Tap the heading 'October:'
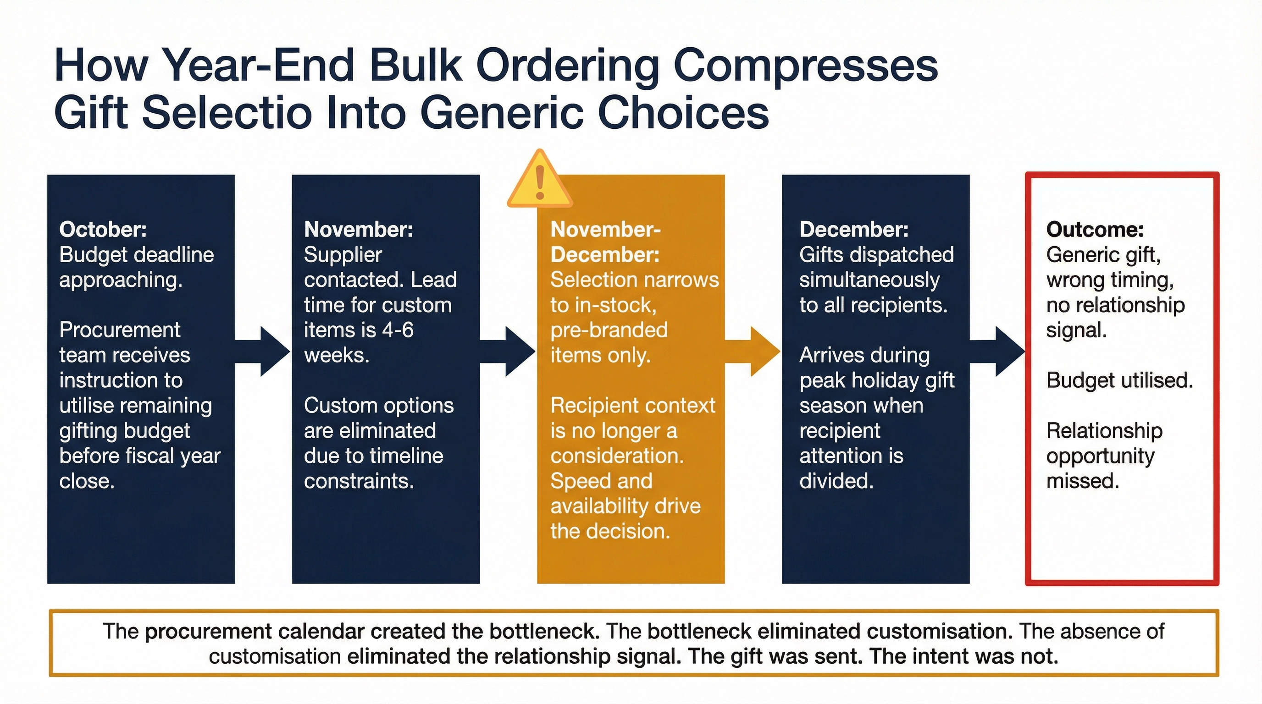pos(103,229)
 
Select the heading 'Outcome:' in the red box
pos(1095,229)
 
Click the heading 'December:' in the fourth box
pos(854,229)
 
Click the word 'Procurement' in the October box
pos(120,330)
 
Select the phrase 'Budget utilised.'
pos(1119,380)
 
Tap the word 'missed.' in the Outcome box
pos(1083,481)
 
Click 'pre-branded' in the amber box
pos(609,330)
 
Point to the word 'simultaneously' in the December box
pos(869,280)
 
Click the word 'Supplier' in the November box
pos(343,254)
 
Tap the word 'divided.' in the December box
pos(836,481)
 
